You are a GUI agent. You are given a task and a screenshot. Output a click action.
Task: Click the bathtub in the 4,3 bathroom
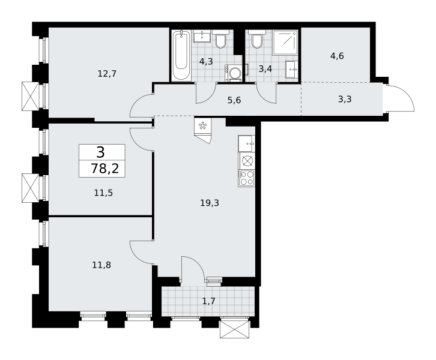[181, 56]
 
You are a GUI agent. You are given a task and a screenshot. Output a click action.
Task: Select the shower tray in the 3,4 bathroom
[285, 43]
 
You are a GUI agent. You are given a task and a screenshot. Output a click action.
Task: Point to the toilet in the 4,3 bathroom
[221, 39]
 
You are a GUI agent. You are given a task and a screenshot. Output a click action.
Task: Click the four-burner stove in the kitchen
[246, 178]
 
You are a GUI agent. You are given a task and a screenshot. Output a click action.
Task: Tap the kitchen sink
[246, 143]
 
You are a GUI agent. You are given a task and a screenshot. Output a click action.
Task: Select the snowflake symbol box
[203, 126]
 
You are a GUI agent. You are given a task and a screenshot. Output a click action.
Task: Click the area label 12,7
[107, 74]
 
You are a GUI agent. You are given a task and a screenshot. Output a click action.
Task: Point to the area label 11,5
[103, 193]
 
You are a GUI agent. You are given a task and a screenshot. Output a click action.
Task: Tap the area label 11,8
[101, 265]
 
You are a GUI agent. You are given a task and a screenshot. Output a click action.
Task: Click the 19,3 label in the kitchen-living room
[210, 203]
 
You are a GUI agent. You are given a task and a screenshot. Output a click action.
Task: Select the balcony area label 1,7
[209, 301]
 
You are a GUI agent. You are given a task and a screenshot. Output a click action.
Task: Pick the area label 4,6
[337, 56]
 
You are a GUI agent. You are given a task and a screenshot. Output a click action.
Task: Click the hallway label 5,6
[234, 100]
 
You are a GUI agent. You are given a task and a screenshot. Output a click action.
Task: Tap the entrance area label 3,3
[345, 99]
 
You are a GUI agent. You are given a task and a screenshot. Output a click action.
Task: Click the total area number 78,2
[105, 169]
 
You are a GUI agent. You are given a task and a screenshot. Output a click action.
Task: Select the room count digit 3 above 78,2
[101, 152]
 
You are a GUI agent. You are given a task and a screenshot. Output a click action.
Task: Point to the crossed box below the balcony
[234, 329]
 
